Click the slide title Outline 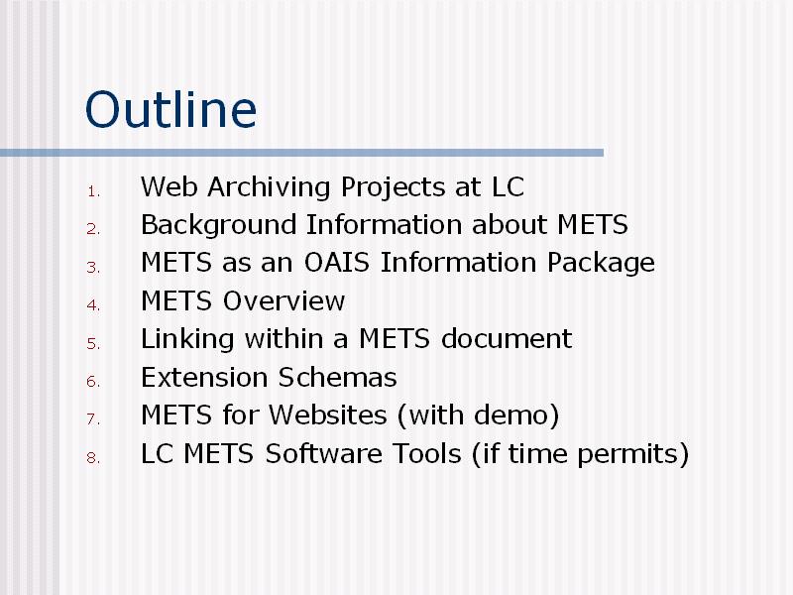point(170,109)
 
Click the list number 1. point(93,191)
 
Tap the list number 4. point(93,305)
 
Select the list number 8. point(93,458)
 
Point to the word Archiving point(269,187)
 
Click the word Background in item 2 point(218,225)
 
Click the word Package point(601,264)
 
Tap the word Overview point(283,301)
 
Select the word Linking point(187,339)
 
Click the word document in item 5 point(507,338)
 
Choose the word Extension point(204,377)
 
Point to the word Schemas point(337,377)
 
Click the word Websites point(328,415)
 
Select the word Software point(324,453)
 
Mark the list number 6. point(93,382)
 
